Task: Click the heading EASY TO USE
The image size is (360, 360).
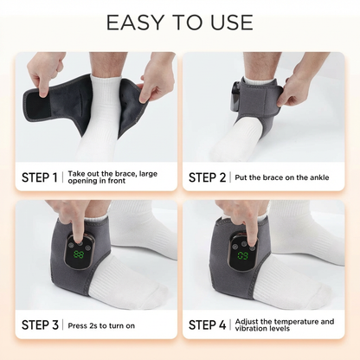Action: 180,22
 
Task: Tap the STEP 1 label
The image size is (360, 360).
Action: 40,177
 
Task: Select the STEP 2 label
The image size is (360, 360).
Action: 207,177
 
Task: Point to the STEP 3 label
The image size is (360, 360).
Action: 40,325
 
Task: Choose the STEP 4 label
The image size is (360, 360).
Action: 207,325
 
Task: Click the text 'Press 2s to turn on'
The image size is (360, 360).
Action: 101,325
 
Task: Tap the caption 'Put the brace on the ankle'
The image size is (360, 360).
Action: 282,177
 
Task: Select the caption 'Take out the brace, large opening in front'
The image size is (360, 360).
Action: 112,177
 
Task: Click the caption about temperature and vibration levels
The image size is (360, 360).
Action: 285,325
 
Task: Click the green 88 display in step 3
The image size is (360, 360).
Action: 78,254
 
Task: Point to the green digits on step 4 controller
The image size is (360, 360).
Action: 242,255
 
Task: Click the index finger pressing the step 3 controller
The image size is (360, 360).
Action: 78,228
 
